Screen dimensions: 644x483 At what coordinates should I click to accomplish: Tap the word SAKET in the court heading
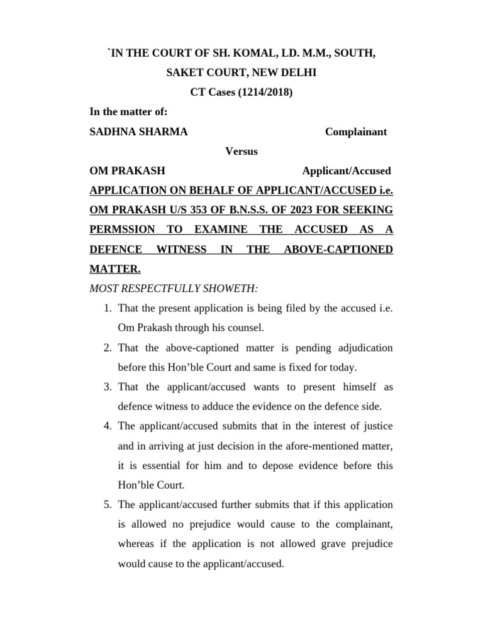click(x=184, y=73)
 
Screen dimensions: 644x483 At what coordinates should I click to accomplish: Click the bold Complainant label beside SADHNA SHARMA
click(x=355, y=131)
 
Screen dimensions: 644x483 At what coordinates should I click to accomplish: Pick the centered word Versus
click(x=241, y=151)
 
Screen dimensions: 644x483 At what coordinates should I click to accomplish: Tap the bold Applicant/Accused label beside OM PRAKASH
click(x=347, y=170)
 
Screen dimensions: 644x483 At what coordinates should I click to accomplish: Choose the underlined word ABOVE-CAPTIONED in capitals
click(x=338, y=249)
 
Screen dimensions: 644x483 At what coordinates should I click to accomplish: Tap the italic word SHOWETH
click(x=234, y=288)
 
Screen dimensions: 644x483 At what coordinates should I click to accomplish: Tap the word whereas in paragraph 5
click(x=138, y=545)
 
